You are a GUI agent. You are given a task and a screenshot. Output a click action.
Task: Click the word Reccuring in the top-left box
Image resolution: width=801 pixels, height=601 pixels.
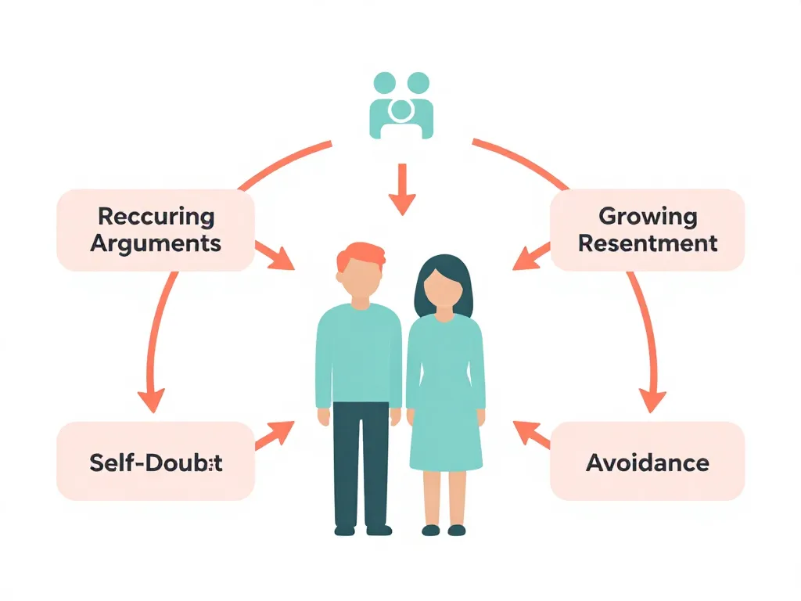[x=156, y=216]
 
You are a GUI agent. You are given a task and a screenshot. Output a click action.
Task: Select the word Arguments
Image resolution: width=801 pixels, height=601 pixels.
[x=156, y=243]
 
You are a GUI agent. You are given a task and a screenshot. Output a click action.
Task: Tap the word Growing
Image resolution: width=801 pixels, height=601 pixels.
[x=647, y=216]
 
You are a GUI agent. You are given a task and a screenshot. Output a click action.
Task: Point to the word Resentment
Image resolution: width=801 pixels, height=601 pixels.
[x=647, y=243]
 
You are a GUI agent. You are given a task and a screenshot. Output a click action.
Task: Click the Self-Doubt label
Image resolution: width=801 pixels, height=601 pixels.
[x=156, y=462]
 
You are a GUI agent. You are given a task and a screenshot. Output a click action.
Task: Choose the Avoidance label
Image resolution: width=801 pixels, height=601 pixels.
[x=647, y=462]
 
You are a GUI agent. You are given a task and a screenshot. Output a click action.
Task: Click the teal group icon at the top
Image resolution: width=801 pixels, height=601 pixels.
[x=400, y=106]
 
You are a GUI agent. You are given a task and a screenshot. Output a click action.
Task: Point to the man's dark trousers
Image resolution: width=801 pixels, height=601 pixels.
[x=361, y=462]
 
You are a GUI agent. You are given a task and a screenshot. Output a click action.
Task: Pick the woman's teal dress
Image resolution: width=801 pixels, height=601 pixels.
[x=444, y=391]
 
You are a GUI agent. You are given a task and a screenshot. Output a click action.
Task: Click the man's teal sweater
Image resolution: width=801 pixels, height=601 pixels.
[x=360, y=352]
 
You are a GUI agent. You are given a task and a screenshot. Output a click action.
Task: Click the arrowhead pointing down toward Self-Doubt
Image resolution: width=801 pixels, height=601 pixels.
[x=152, y=400]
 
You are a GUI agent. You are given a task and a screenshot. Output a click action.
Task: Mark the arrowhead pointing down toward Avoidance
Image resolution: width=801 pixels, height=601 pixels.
[x=652, y=400]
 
